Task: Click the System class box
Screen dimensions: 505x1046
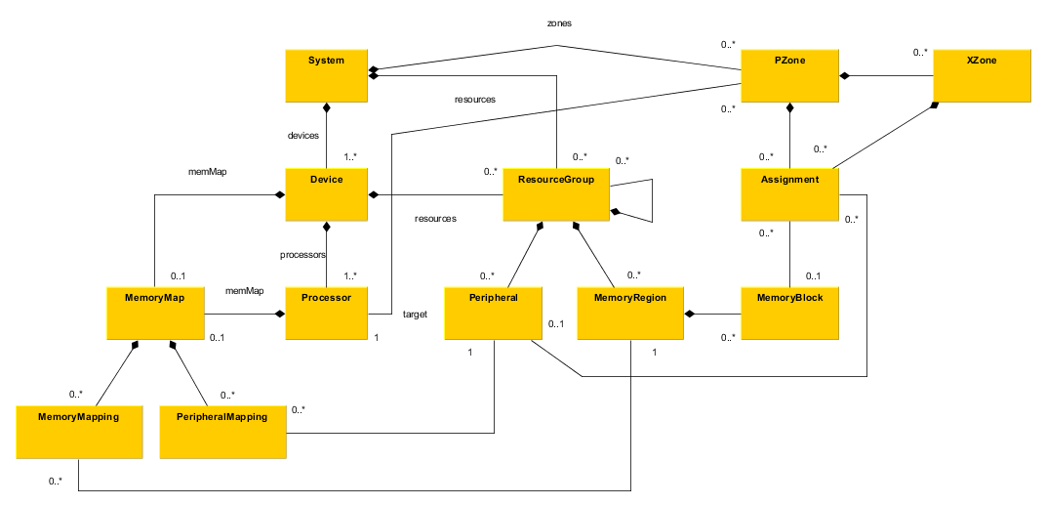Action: pyautogui.click(x=327, y=73)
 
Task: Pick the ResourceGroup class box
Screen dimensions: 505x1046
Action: pyautogui.click(x=555, y=193)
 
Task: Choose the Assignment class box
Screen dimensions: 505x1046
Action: pyautogui.click(x=789, y=193)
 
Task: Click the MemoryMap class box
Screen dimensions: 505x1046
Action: pyautogui.click(x=155, y=313)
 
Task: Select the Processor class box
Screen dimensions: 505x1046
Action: pyautogui.click(x=327, y=313)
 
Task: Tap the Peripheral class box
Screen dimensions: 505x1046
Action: pyautogui.click(x=493, y=313)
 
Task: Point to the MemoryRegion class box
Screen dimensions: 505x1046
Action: pyautogui.click(x=630, y=313)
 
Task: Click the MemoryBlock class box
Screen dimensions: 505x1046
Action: pyautogui.click(x=789, y=313)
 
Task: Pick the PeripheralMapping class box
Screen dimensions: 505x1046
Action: pyautogui.click(x=222, y=431)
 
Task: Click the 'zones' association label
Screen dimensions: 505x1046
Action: pyautogui.click(x=558, y=22)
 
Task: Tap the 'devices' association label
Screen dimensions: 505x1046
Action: pyautogui.click(x=304, y=136)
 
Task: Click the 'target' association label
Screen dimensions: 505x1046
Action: pyautogui.click(x=415, y=315)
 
